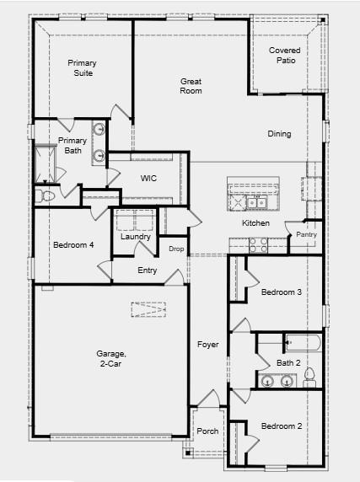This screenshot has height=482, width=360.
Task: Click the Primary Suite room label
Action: pos(83,68)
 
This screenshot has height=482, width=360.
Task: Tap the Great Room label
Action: pos(191,86)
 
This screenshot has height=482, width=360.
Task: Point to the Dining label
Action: pos(279,134)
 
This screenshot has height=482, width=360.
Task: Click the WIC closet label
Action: pos(149,179)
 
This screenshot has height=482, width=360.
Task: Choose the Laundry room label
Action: pos(136,237)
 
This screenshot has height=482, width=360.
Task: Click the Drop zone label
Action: pos(176,249)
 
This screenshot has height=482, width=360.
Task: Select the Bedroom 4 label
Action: pos(73,245)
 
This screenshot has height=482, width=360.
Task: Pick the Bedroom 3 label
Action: pos(281,292)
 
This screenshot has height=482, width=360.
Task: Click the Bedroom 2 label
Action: pos(281,426)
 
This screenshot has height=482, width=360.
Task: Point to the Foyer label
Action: pos(208,345)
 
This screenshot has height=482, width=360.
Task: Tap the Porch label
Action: pos(207,431)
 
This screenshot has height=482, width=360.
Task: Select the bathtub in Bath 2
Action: pos(300,342)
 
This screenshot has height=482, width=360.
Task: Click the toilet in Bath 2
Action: pos(309,374)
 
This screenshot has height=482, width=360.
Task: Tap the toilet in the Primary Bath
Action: pos(46,195)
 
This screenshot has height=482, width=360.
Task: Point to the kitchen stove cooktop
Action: pos(258,244)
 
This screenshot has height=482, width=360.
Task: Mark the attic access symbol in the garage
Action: pos(148,310)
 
